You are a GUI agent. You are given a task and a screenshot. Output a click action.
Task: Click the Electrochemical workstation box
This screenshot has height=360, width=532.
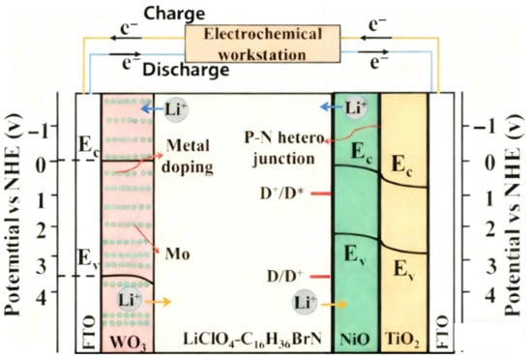click(265, 42)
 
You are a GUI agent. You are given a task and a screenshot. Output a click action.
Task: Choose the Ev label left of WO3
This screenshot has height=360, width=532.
click(87, 258)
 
